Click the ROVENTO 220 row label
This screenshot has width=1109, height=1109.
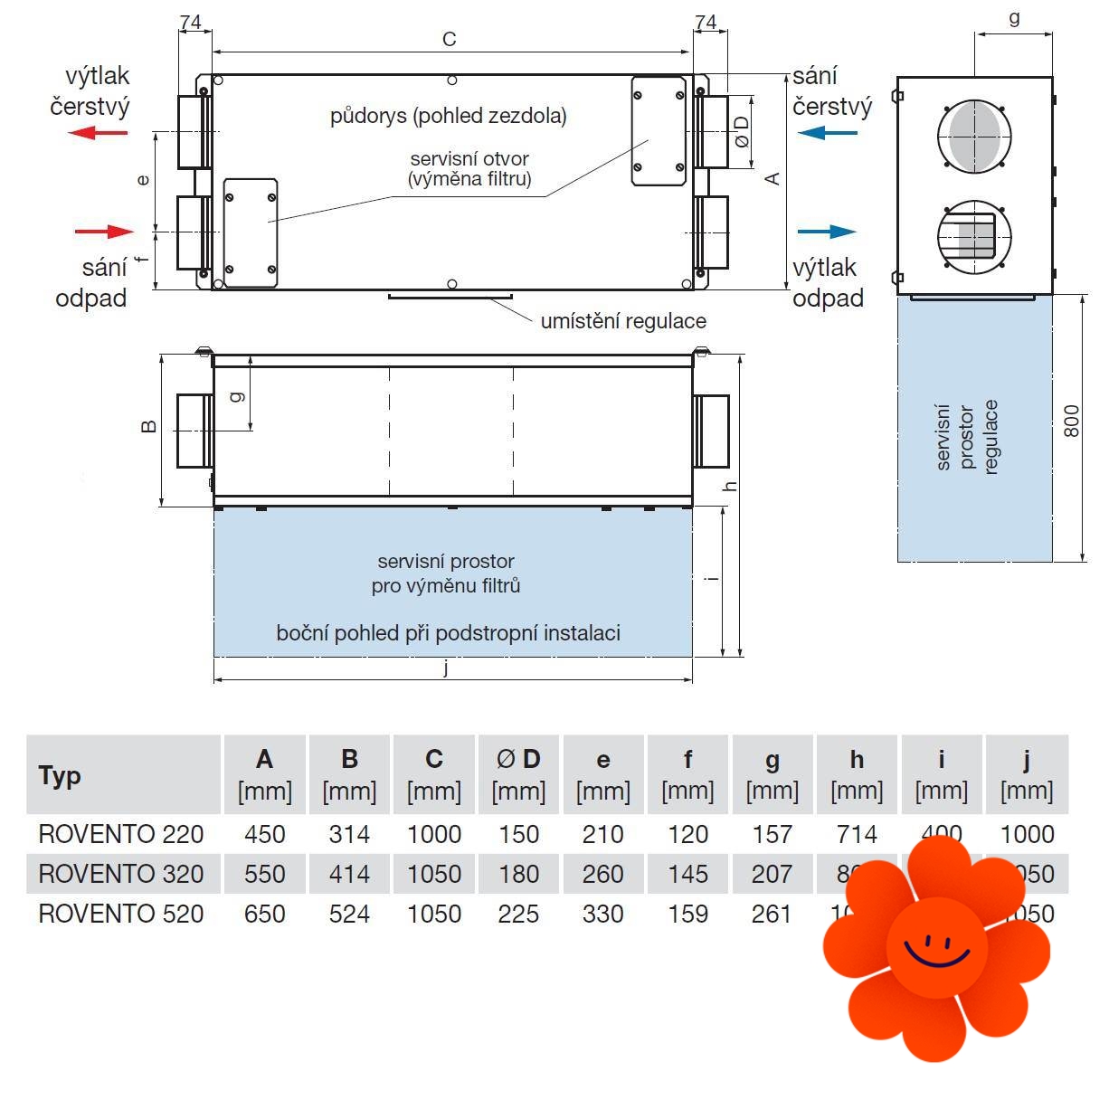121,834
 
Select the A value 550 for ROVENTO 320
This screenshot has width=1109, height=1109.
265,874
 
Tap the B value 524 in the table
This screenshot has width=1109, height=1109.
349,914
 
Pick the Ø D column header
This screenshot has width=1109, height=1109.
518,760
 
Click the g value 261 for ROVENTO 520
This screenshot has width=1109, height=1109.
772,914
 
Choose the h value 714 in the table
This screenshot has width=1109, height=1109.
857,834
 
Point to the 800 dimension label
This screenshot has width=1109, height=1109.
1071,422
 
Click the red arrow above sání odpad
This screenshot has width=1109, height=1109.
104,232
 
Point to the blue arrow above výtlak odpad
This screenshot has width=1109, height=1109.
827,232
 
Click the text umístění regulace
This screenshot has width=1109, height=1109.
623,321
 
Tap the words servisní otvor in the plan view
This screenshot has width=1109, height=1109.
469,159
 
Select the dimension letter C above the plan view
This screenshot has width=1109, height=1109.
450,39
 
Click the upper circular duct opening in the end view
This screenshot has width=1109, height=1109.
974,137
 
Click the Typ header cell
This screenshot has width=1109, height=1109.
124,775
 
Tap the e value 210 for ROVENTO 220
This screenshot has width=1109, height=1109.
602,834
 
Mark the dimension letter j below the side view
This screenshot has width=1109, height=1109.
446,668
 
